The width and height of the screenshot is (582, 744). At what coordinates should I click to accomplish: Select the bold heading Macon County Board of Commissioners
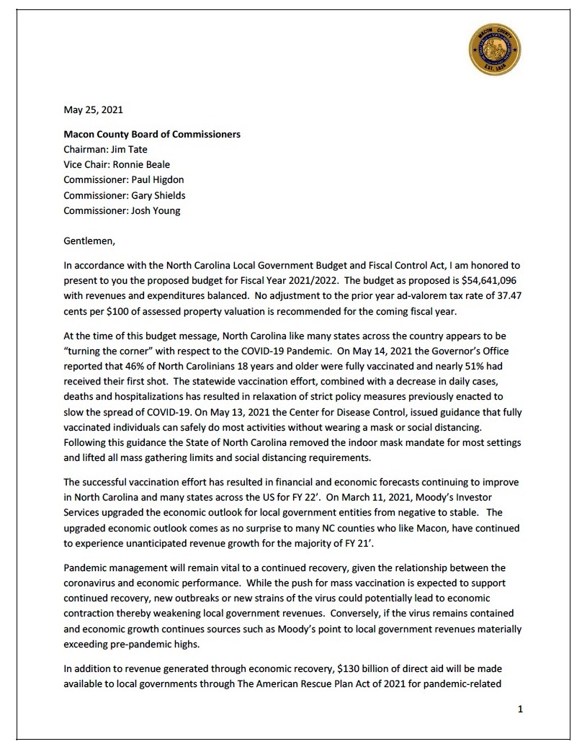pos(152,134)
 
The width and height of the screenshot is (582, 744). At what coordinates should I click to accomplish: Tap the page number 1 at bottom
pos(520,709)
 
